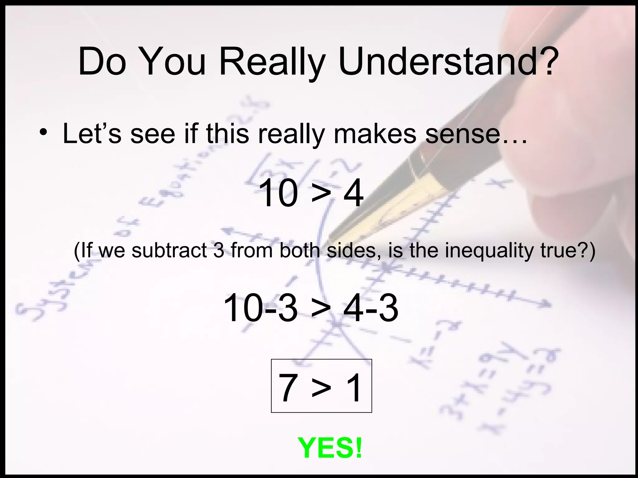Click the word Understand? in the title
(447, 62)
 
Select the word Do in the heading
(102, 62)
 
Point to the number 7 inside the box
(287, 387)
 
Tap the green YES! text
(330, 448)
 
